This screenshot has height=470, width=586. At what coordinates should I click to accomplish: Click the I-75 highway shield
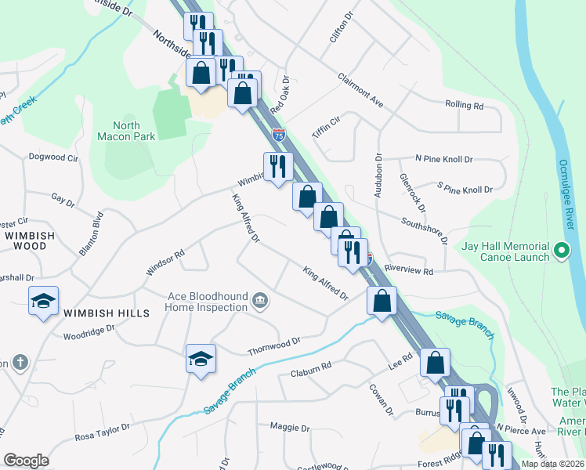pyautogui.click(x=279, y=135)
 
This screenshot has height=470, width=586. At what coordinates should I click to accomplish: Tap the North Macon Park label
pyautogui.click(x=126, y=131)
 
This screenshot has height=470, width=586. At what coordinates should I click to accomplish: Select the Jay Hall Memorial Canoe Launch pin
pyautogui.click(x=561, y=251)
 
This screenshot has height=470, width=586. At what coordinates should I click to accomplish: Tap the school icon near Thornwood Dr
pyautogui.click(x=201, y=359)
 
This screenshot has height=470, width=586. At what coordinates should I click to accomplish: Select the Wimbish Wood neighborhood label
pyautogui.click(x=30, y=240)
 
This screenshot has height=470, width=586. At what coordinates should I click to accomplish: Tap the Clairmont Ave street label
pyautogui.click(x=360, y=90)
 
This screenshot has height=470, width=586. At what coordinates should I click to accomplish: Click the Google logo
pyautogui.click(x=26, y=460)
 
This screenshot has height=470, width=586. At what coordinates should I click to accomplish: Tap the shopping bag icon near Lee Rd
pyautogui.click(x=435, y=363)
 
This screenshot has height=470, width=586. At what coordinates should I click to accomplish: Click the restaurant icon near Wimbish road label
pyautogui.click(x=278, y=166)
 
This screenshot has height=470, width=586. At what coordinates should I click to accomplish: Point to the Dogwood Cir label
pyautogui.click(x=54, y=157)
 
